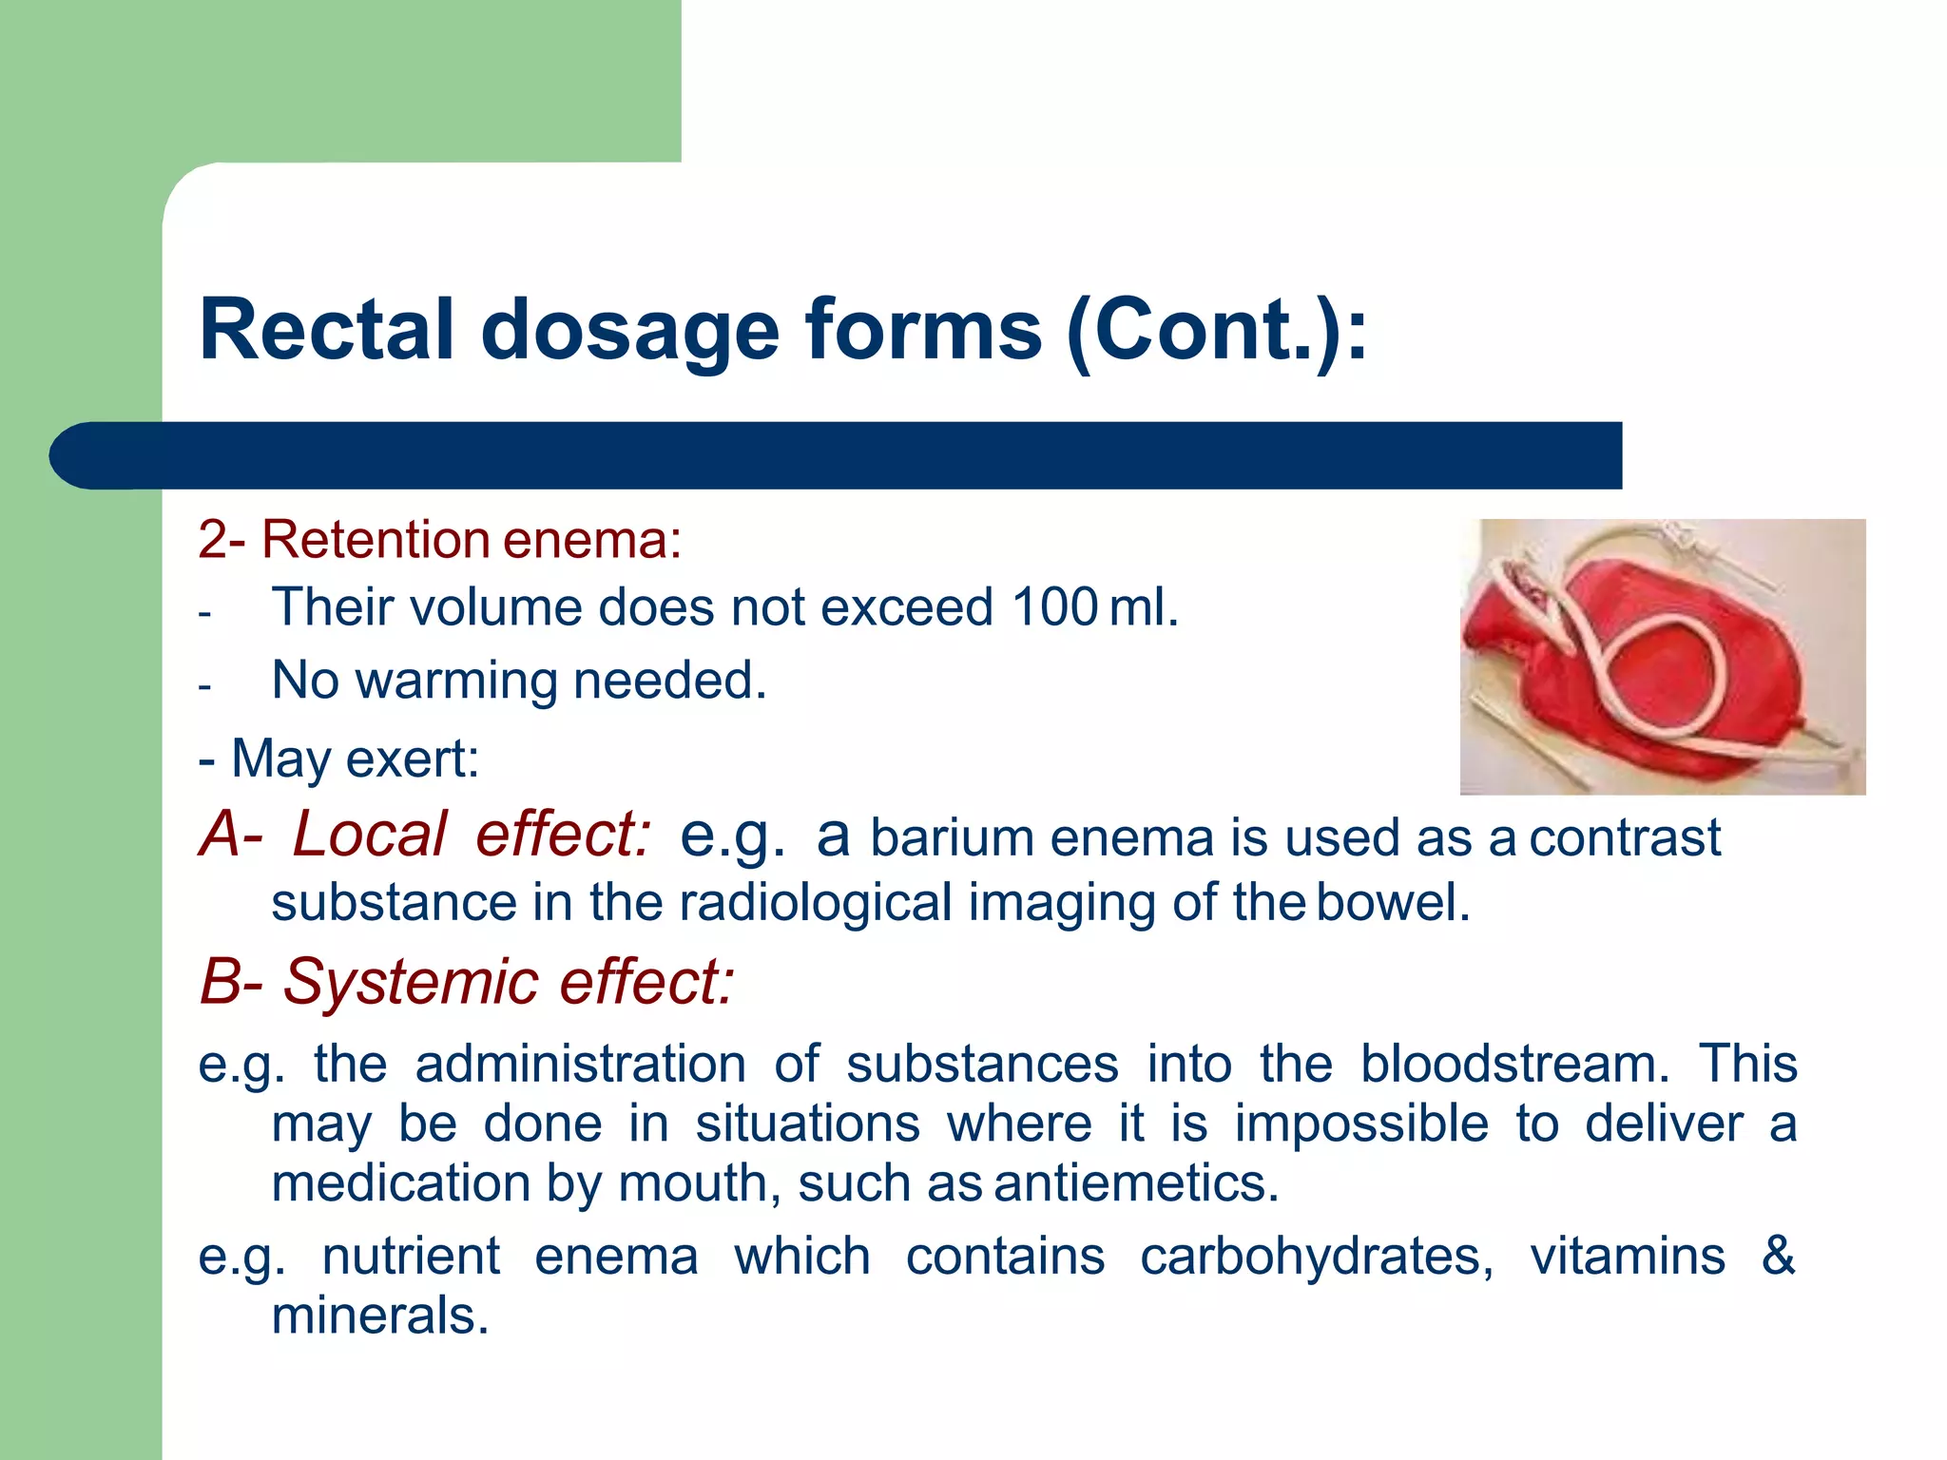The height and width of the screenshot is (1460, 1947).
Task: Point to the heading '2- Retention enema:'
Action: click(x=439, y=539)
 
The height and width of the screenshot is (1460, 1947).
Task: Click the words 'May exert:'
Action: click(x=354, y=759)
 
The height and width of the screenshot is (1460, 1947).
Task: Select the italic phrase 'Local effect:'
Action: click(x=472, y=835)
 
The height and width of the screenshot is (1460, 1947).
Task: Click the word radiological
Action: click(x=815, y=902)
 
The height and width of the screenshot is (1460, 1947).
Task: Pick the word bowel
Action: click(x=1393, y=902)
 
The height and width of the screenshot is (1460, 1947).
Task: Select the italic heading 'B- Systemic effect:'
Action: click(x=467, y=981)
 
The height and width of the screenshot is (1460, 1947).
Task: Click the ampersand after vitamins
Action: click(x=1777, y=1256)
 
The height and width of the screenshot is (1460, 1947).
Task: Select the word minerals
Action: click(x=379, y=1316)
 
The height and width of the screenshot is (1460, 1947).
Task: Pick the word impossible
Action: click(x=1360, y=1124)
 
